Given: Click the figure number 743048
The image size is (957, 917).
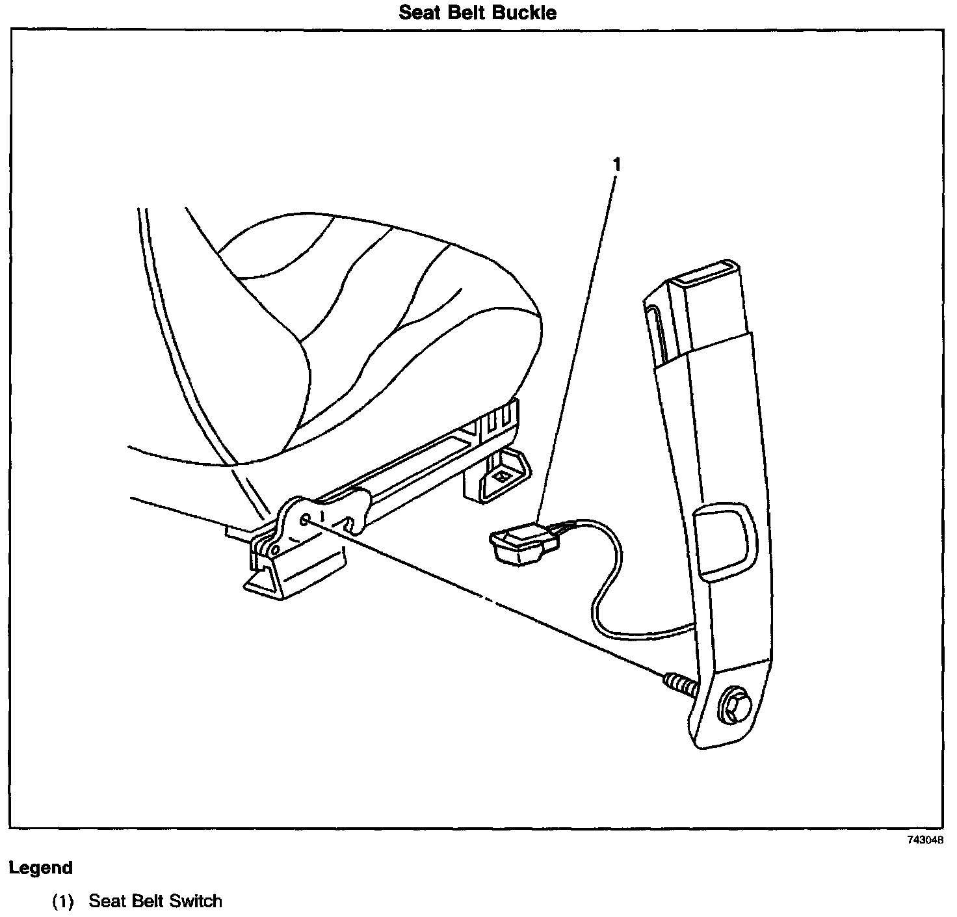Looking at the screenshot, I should coord(926,840).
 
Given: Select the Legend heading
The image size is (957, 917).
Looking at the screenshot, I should coord(40,868).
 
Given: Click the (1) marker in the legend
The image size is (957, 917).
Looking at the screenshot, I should coord(64,901).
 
